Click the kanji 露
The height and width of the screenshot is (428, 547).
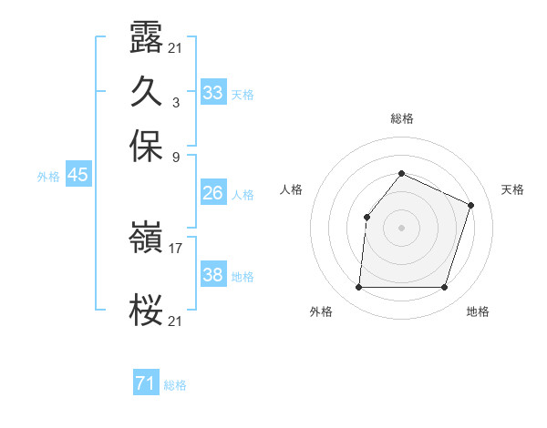point(146,41)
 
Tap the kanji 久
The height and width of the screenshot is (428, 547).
point(146,92)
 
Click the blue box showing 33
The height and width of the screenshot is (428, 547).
point(212,93)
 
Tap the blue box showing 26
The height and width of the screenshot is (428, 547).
point(212,193)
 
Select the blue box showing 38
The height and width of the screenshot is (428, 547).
point(212,275)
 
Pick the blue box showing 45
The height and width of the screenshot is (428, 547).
point(77,176)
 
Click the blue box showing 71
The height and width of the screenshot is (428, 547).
point(145,384)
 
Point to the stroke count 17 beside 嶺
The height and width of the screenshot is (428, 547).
point(176,247)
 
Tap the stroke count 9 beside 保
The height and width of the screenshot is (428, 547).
point(176,156)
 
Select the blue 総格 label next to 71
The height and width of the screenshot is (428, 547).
point(175,386)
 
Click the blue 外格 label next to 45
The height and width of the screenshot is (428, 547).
point(48,178)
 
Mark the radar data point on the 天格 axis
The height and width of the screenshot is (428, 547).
point(471,205)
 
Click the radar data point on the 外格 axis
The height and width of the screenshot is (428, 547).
point(358,288)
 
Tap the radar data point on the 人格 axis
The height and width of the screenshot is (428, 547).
point(366,217)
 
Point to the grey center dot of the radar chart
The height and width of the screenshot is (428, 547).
point(401,228)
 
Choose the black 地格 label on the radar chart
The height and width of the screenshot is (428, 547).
point(478,312)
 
